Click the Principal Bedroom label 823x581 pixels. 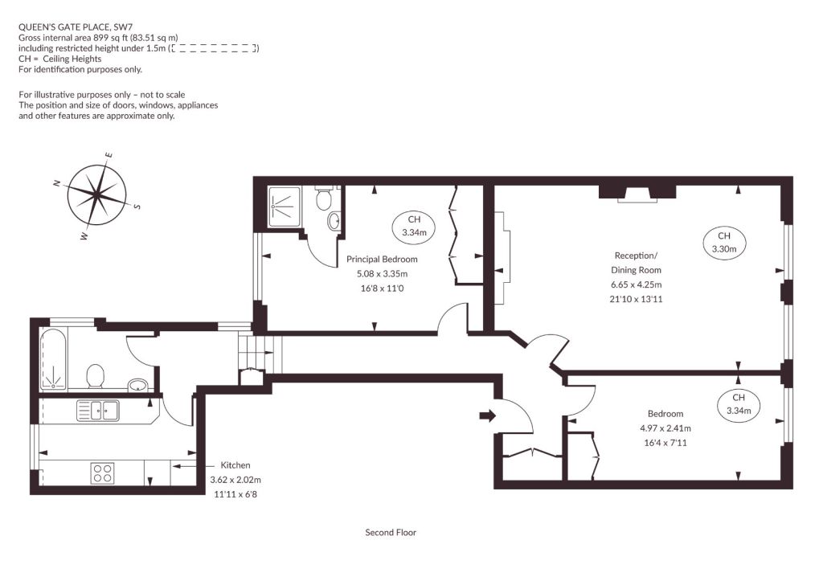[382, 259]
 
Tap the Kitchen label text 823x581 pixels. [235, 465]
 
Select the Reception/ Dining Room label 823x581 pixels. [636, 263]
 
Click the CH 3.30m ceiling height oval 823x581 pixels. [724, 243]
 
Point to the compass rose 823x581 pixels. [97, 195]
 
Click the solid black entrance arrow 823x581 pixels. [488, 416]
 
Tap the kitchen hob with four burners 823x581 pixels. [102, 473]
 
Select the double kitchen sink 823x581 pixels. [98, 411]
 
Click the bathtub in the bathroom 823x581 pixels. [54, 359]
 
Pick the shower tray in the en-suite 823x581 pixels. [284, 207]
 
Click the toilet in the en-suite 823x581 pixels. [323, 197]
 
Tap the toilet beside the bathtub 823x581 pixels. [95, 376]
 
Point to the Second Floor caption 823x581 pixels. [391, 532]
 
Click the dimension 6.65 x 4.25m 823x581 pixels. [637, 284]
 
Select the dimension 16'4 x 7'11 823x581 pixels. [665, 443]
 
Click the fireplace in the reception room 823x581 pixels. [637, 192]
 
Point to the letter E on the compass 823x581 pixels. [109, 155]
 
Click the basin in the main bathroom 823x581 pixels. [138, 385]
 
